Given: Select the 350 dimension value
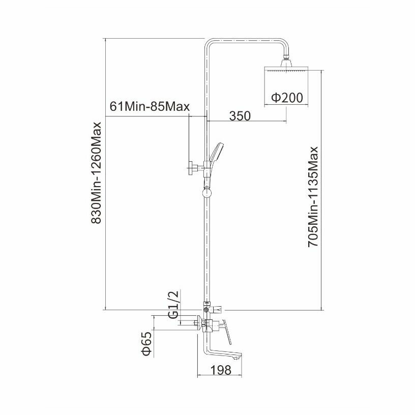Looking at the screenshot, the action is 239,115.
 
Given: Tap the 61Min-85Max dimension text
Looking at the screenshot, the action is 150,107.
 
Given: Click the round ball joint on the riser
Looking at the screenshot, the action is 206,193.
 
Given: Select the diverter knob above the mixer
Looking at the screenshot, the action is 219,308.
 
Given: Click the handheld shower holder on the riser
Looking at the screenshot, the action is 206,166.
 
